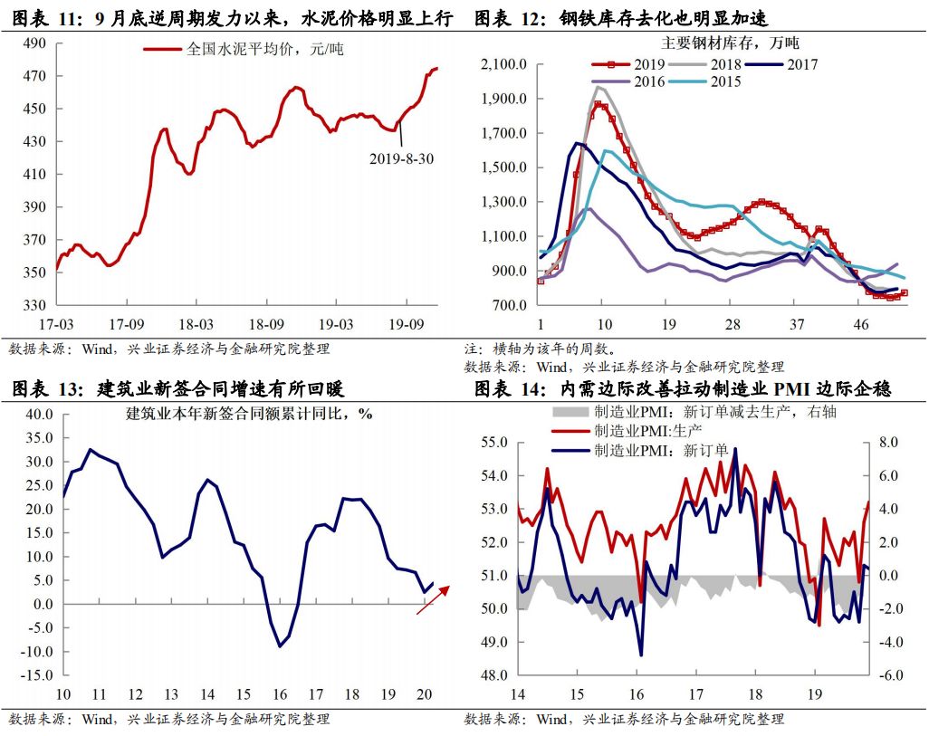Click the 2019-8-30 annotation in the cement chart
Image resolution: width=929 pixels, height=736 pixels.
(x=401, y=158)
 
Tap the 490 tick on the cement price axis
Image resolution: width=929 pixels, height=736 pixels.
(x=34, y=43)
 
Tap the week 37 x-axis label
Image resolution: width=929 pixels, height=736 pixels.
(x=797, y=324)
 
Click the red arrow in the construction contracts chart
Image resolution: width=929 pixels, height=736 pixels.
(x=432, y=599)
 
